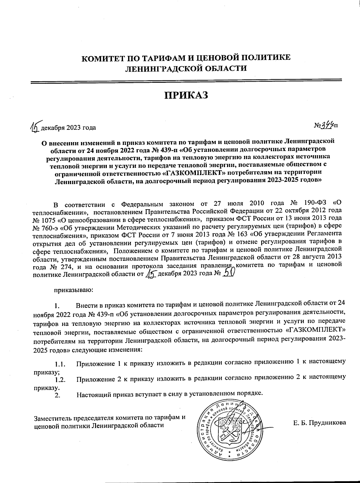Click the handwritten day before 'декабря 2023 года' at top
[x=35, y=127]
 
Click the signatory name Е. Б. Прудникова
[x=319, y=423]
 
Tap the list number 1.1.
[x=60, y=365]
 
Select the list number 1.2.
[x=60, y=380]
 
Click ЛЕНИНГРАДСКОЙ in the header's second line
[x=160, y=69]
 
